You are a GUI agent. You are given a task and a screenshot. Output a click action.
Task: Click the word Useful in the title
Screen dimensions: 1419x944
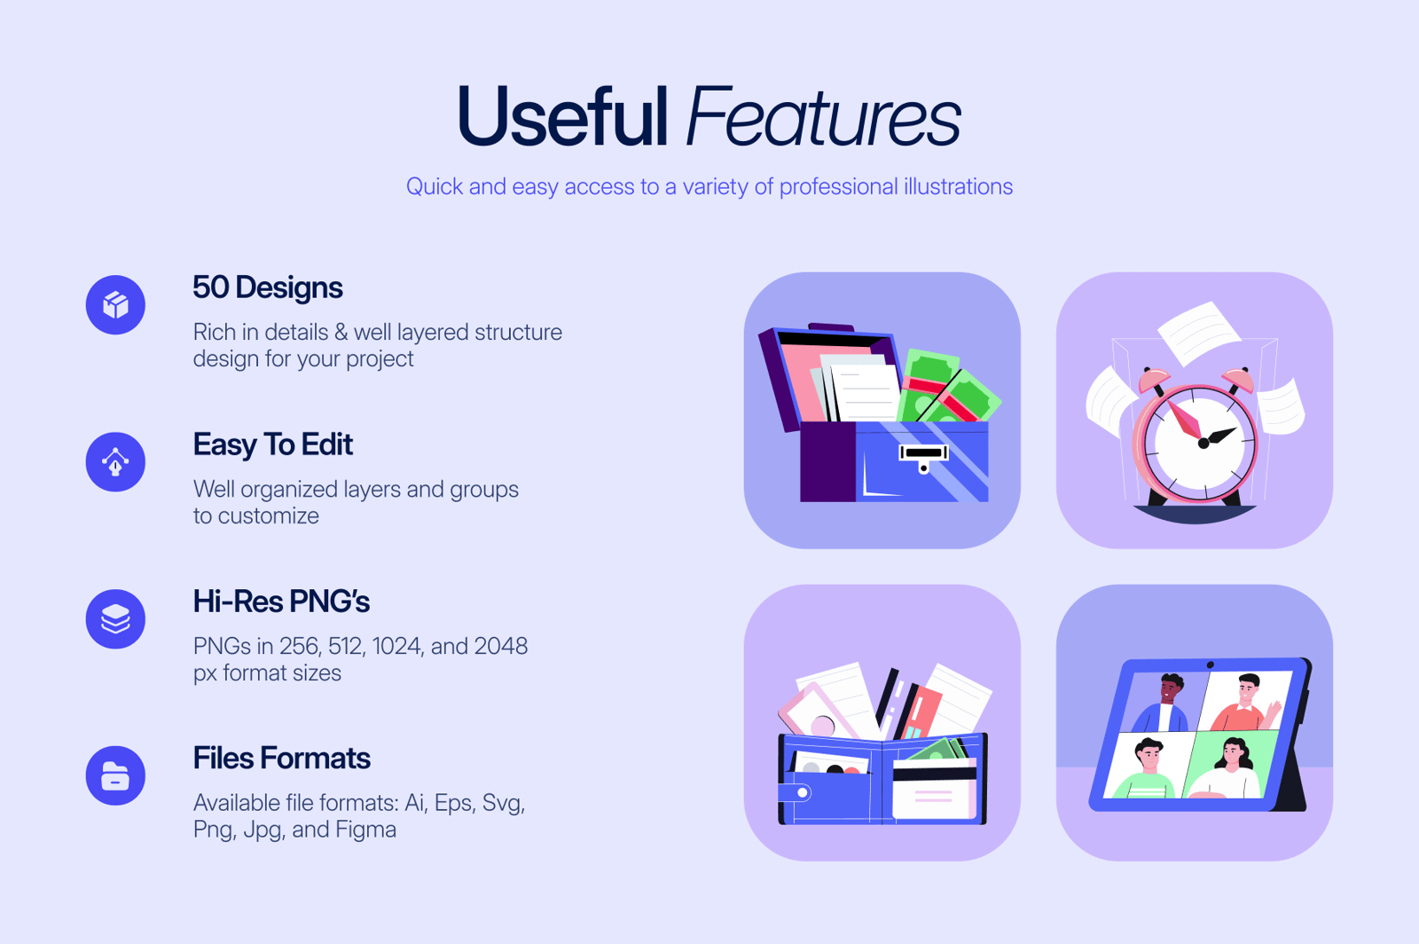click(562, 116)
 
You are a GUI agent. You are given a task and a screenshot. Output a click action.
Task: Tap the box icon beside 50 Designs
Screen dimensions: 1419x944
click(115, 304)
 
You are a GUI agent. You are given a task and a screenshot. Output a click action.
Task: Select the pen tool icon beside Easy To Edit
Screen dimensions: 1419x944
click(115, 462)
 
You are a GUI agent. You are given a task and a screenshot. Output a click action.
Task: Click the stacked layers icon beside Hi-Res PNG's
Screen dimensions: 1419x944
click(115, 619)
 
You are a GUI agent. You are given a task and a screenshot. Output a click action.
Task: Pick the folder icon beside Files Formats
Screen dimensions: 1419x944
click(115, 775)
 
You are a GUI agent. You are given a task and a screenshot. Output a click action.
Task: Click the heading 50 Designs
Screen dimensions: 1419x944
click(267, 287)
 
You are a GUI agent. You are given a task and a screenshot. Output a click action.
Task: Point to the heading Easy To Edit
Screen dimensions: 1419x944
click(272, 444)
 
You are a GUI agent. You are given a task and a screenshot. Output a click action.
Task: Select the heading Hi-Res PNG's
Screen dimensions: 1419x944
click(281, 602)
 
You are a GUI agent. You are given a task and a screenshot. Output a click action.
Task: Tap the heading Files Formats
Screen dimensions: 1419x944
click(281, 759)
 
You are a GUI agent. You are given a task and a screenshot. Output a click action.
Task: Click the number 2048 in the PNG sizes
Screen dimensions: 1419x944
click(501, 646)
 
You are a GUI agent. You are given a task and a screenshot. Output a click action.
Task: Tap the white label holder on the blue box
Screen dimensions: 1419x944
click(923, 453)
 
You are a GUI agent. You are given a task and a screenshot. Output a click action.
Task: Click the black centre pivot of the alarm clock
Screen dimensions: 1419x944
click(1203, 444)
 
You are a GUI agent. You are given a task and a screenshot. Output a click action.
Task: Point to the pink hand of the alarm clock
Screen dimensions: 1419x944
click(1184, 419)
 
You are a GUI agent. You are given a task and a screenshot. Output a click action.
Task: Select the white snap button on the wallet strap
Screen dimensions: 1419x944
click(803, 792)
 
